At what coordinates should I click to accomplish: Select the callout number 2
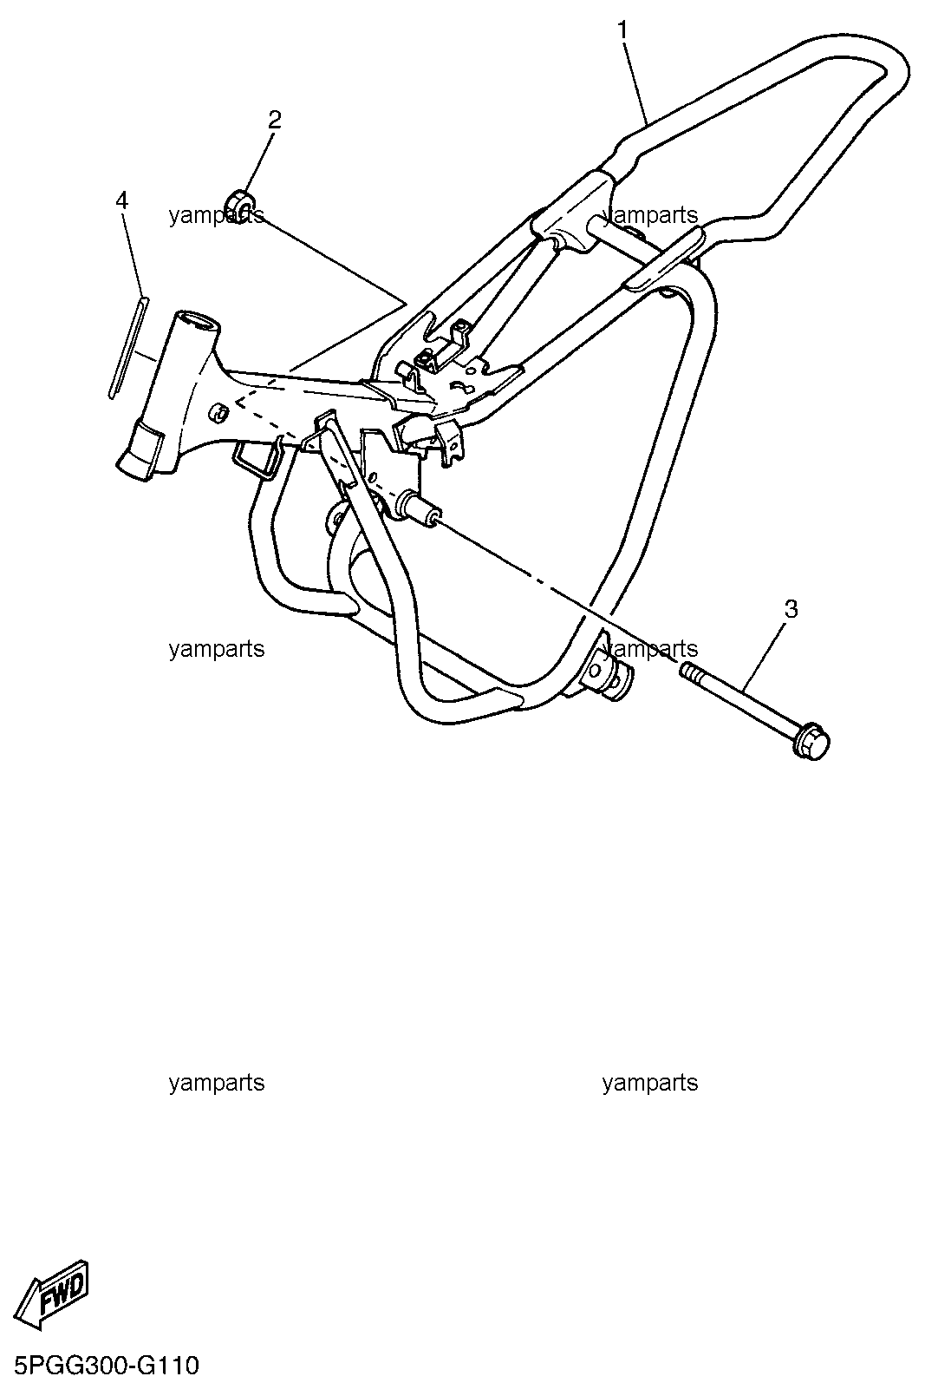click(275, 120)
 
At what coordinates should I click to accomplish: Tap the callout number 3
click(791, 609)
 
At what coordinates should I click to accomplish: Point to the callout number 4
click(122, 200)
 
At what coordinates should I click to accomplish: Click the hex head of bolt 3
click(811, 740)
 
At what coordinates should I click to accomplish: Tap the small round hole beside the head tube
click(218, 412)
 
